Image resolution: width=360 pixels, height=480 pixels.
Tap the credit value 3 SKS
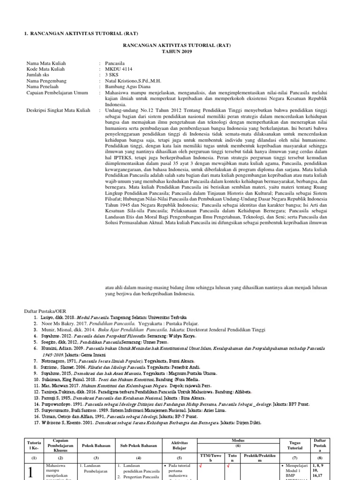pos(112,75)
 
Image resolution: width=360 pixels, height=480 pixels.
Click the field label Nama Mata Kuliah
pos(46,63)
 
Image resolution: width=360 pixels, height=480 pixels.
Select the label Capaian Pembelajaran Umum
pos(57,93)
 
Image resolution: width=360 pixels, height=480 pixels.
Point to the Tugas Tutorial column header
pos(292,446)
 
